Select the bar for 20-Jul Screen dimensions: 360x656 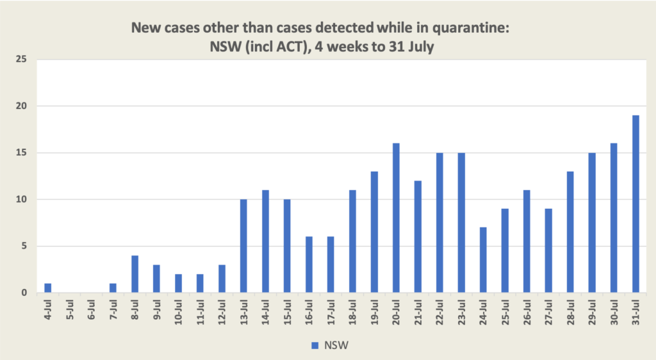tap(396, 218)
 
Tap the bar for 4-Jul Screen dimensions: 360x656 tap(47, 288)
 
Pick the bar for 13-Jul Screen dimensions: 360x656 tap(243, 246)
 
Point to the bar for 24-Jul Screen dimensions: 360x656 tap(483, 260)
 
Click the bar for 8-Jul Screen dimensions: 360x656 tap(135, 274)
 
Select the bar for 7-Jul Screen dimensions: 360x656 tap(113, 288)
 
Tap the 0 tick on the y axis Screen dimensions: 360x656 tap(26, 293)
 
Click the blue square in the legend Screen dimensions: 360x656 tap(315, 345)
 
